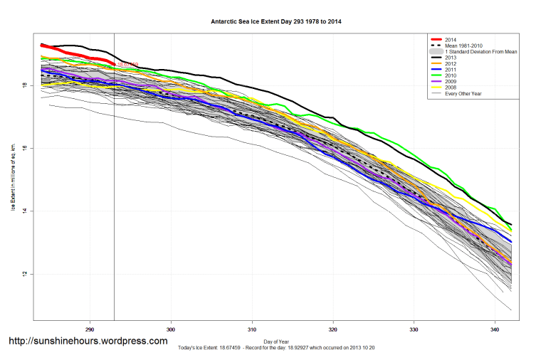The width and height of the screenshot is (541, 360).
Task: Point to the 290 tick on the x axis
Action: (x=90, y=329)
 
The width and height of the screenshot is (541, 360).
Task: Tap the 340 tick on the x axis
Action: (x=494, y=329)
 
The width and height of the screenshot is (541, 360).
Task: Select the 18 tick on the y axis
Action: (x=24, y=85)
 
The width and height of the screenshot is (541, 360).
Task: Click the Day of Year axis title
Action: (x=275, y=340)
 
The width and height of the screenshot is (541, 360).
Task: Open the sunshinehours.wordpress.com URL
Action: (x=88, y=342)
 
